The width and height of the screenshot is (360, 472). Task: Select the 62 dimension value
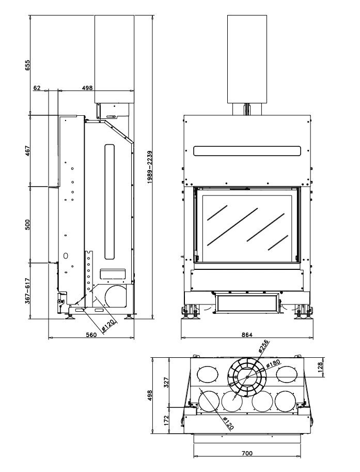[37, 88]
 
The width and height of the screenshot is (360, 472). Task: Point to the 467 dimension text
[28, 150]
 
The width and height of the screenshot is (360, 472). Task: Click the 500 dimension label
[28, 224]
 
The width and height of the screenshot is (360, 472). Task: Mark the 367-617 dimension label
[28, 291]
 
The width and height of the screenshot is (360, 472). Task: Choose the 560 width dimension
[91, 335]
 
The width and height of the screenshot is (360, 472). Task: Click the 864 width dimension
[246, 335]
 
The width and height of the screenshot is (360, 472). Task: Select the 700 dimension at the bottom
[247, 453]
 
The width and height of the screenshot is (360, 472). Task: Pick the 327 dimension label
[166, 383]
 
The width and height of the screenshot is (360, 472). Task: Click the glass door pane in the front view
[246, 226]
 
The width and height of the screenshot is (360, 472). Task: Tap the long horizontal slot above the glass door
[246, 151]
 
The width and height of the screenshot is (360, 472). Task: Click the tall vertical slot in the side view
[108, 202]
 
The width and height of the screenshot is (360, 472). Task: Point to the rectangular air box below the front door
[246, 304]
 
